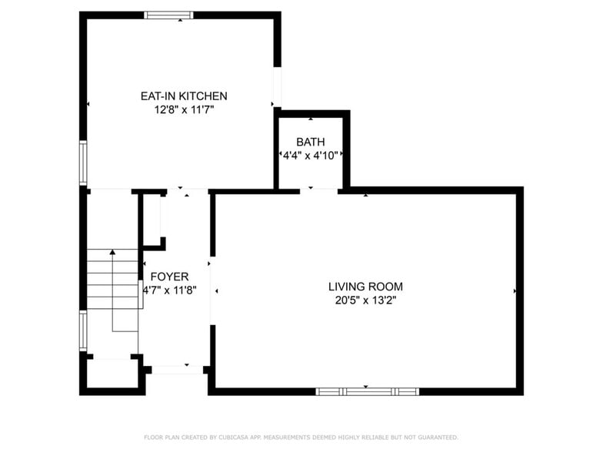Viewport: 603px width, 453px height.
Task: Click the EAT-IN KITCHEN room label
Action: click(183, 96)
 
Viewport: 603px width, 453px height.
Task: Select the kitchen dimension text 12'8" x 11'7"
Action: click(183, 110)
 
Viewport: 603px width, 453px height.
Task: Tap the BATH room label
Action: click(311, 142)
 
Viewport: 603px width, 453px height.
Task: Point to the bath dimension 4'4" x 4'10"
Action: click(311, 155)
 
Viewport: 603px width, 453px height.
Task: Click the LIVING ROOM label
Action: click(365, 287)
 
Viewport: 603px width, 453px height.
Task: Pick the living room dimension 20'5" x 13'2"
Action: click(365, 300)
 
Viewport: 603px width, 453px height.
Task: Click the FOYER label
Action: click(169, 277)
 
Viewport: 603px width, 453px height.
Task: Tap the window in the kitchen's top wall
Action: click(169, 15)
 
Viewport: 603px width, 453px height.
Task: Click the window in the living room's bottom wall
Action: click(367, 391)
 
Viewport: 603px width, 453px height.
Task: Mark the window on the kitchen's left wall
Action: click(83, 163)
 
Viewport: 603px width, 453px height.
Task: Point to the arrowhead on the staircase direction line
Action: click(112, 252)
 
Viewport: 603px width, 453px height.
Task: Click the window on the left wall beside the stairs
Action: click(83, 330)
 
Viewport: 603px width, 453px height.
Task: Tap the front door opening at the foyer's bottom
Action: click(175, 370)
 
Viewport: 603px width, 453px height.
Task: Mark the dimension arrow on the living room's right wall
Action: click(515, 291)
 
